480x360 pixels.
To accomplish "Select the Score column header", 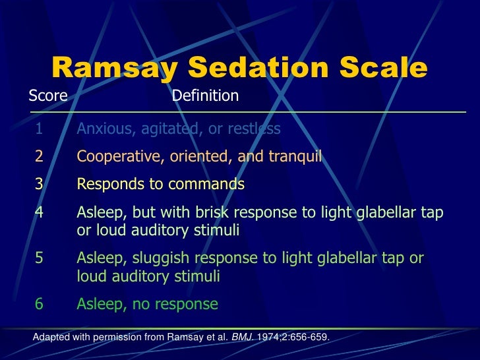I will (x=48, y=96).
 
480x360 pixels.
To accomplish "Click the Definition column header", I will (x=205, y=96).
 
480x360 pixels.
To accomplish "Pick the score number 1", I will (x=39, y=129).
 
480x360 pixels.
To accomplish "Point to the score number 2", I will (x=39, y=156).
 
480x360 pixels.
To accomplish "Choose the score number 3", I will (x=39, y=184).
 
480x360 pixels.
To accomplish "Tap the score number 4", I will (x=39, y=213).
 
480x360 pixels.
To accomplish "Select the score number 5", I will (x=39, y=259).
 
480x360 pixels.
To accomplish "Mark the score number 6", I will (x=39, y=304).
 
